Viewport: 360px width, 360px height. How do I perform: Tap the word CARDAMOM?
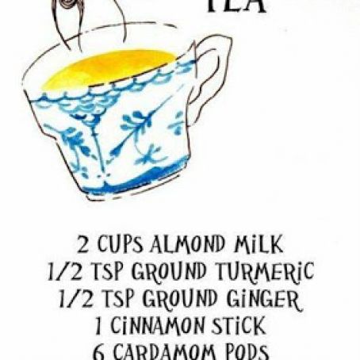[165, 351]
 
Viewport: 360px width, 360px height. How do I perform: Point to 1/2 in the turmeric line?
[59, 272]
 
